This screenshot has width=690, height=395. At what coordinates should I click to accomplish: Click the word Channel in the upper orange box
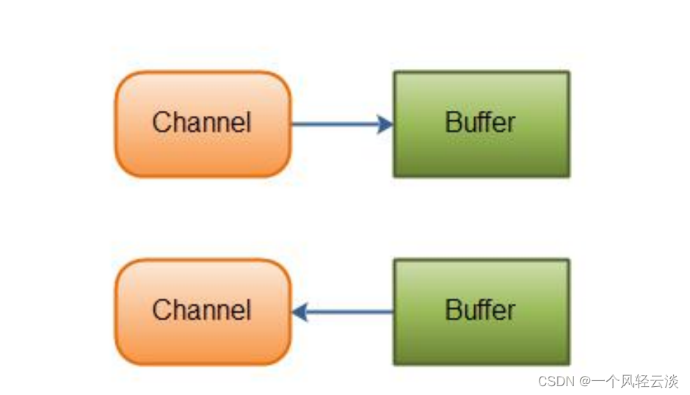(202, 123)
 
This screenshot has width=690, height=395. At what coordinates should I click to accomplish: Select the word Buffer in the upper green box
(481, 123)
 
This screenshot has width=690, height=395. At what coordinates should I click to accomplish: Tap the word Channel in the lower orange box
(202, 311)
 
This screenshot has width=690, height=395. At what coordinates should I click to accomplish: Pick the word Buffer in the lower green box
(481, 311)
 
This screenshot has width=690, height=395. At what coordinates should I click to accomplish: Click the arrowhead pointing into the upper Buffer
(385, 124)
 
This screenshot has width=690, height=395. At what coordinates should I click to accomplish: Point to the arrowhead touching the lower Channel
(299, 313)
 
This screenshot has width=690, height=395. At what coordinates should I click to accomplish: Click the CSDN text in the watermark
(556, 381)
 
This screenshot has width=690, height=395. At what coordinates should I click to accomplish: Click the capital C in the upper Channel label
(160, 123)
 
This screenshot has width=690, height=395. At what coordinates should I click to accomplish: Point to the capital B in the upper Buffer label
(452, 123)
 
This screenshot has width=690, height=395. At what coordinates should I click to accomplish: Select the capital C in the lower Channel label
(160, 311)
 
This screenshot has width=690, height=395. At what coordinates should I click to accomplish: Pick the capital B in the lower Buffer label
(452, 311)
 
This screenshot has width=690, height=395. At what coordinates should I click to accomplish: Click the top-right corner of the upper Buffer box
(569, 72)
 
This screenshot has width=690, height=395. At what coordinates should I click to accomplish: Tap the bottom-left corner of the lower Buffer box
(394, 364)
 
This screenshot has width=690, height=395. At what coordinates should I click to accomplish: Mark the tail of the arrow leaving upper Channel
(294, 124)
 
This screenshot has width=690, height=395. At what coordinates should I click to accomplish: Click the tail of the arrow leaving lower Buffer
(392, 313)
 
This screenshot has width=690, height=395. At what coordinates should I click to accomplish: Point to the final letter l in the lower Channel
(248, 310)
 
